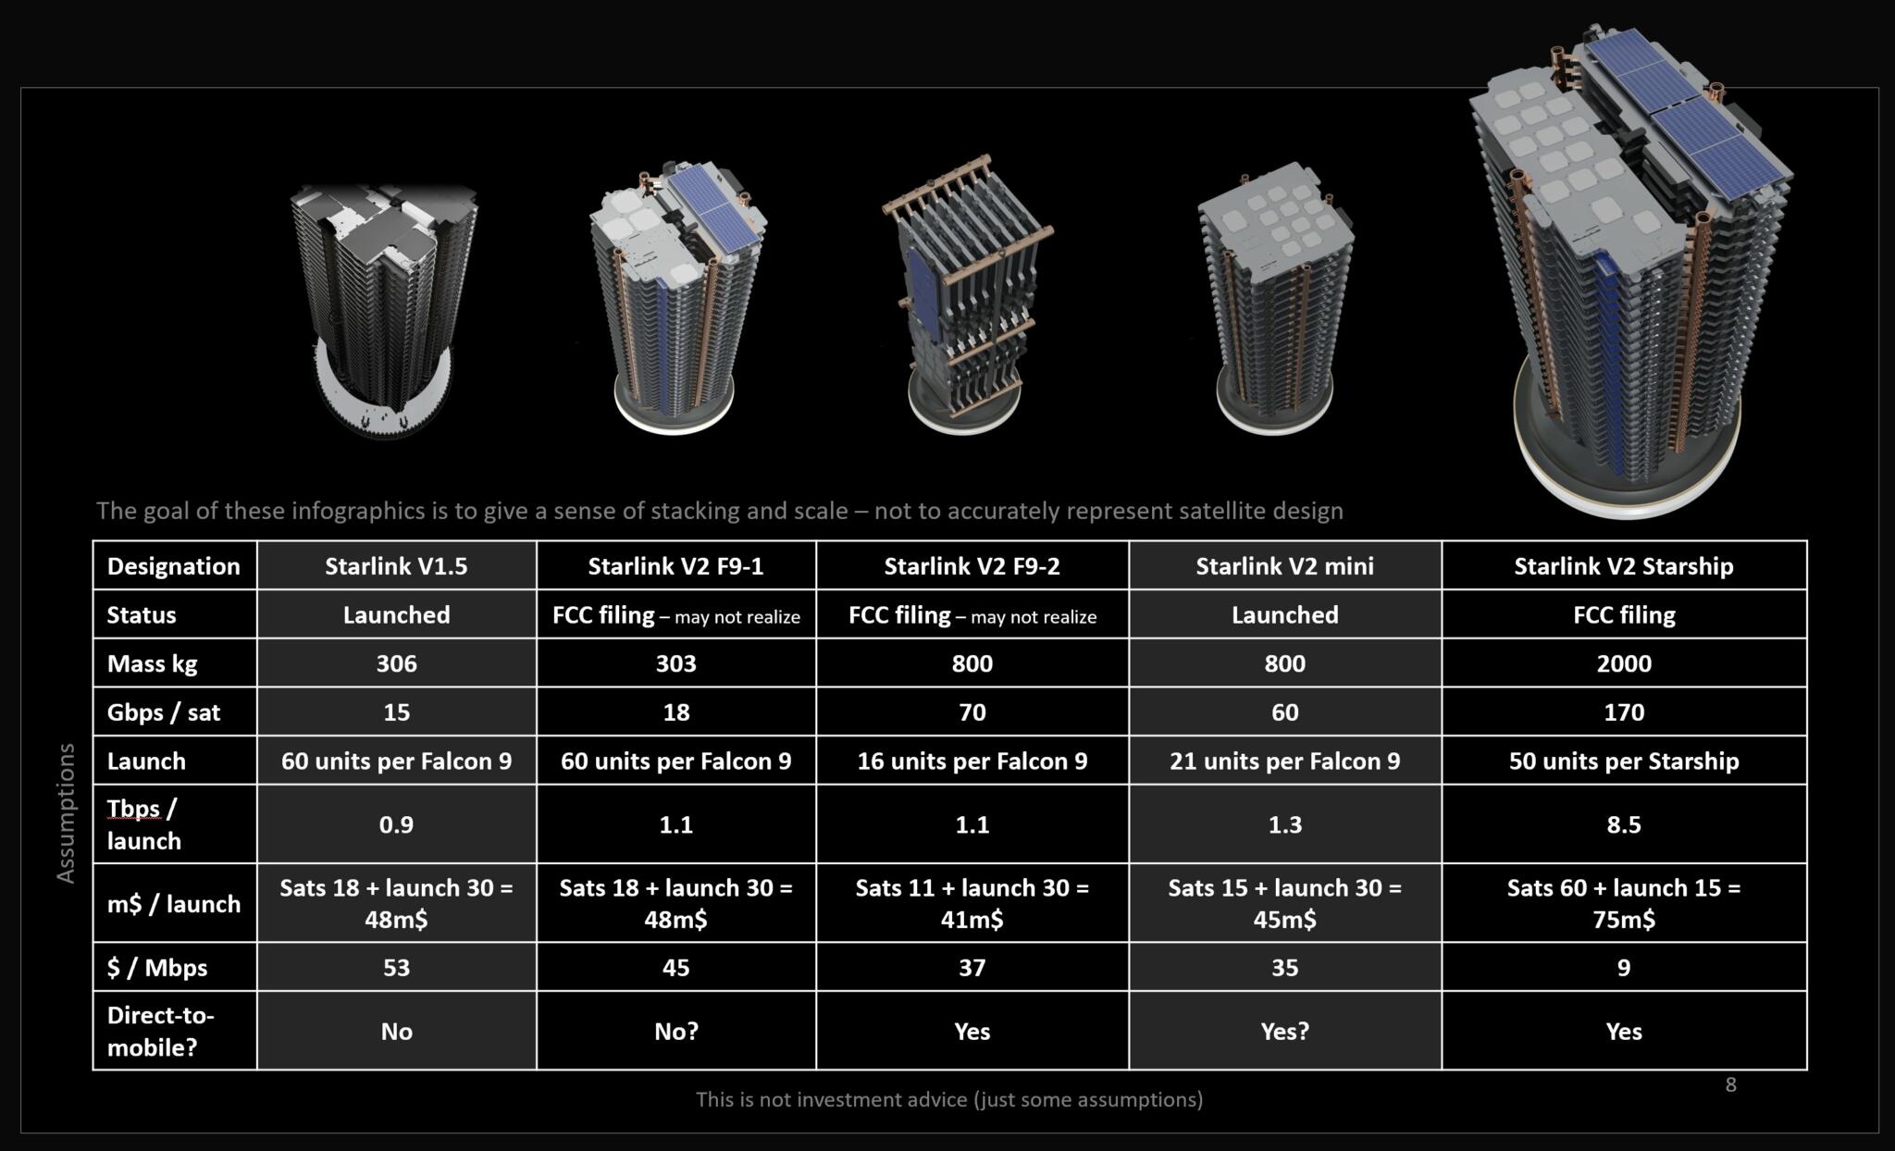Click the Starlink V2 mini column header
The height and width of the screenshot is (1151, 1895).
[1284, 566]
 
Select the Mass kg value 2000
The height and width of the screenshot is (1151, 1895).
[1624, 663]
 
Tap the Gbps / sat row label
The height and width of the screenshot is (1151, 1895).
[164, 712]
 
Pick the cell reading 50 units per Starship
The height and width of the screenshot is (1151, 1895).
[1624, 761]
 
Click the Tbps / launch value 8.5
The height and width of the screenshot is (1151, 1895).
[1624, 824]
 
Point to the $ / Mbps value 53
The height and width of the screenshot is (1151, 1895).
[396, 968]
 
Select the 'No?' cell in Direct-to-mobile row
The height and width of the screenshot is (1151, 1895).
[676, 1032]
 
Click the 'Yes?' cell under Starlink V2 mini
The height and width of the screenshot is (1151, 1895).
[1284, 1032]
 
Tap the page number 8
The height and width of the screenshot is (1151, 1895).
[1730, 1084]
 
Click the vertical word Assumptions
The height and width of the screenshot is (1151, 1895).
[65, 813]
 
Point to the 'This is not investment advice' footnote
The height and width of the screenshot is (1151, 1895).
[949, 1099]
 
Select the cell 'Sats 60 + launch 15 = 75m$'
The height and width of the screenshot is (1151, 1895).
[1624, 903]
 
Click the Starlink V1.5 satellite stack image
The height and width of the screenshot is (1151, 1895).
[383, 310]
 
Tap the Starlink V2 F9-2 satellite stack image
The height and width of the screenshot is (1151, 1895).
[967, 294]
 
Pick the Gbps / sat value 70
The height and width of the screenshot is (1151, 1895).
[972, 712]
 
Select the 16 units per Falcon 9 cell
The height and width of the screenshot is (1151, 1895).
[972, 761]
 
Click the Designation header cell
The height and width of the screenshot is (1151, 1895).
[174, 566]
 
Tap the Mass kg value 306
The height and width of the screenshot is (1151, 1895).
[396, 663]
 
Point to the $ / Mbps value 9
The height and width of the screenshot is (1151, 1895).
[1624, 968]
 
